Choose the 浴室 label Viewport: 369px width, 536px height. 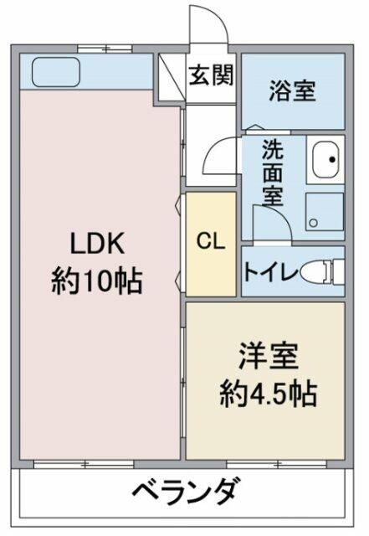tap(292, 91)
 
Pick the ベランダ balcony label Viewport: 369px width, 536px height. tap(187, 489)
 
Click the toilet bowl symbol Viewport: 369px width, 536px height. tap(320, 271)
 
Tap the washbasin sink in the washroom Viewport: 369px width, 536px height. tap(326, 160)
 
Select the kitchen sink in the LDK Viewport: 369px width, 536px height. tap(54, 72)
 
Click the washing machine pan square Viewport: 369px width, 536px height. tap(324, 211)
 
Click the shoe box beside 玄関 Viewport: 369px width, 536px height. tap(172, 75)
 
